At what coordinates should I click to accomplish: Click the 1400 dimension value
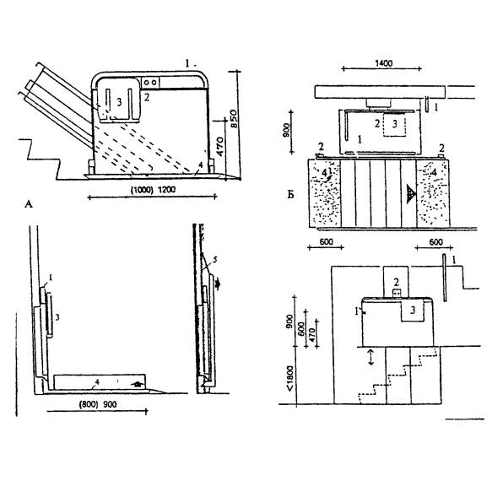tap(384, 63)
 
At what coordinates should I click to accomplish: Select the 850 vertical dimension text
tap(234, 119)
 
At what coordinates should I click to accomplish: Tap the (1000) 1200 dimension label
tap(153, 190)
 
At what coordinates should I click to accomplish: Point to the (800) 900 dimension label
tap(98, 404)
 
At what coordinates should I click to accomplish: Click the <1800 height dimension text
tap(290, 378)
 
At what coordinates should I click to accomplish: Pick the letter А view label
tap(29, 204)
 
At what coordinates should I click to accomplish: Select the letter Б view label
tap(290, 195)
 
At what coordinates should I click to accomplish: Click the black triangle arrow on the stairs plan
tap(411, 194)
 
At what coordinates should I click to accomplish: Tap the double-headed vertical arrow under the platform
tap(370, 357)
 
